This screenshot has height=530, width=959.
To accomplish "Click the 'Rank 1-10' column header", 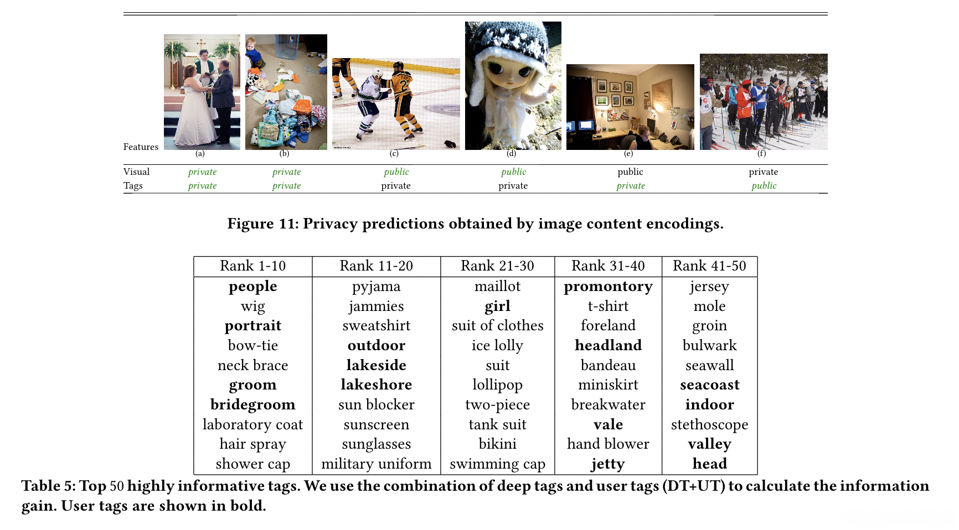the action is click(252, 266).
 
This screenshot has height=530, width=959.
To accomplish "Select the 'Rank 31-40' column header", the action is click(608, 266).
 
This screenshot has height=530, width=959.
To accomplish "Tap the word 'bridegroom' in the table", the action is click(252, 404).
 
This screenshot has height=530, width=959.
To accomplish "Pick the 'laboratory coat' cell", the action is click(252, 424).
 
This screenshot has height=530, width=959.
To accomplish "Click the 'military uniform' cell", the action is click(376, 464).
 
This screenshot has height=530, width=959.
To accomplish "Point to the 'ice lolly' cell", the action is click(497, 346).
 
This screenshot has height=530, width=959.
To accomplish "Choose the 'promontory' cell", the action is click(608, 287).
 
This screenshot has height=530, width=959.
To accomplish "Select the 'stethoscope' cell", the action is click(709, 424).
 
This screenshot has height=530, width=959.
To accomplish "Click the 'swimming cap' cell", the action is click(497, 464).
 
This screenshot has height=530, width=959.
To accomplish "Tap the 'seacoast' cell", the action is click(709, 385).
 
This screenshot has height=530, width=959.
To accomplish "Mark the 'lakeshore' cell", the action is click(376, 385).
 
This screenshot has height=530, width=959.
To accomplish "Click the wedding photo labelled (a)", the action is click(202, 92).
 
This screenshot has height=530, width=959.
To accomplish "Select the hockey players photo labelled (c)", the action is click(396, 103).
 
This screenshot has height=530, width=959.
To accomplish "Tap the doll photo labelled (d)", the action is click(513, 86).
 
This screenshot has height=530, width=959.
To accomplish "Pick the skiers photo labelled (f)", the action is click(764, 102).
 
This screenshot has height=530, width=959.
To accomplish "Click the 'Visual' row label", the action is click(136, 172).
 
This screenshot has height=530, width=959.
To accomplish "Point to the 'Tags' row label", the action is click(133, 186).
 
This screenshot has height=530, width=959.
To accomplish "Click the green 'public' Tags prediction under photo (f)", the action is click(764, 186).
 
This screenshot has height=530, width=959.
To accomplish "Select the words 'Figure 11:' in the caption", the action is click(261, 224).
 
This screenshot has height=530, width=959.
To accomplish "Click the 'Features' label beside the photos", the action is click(141, 147).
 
